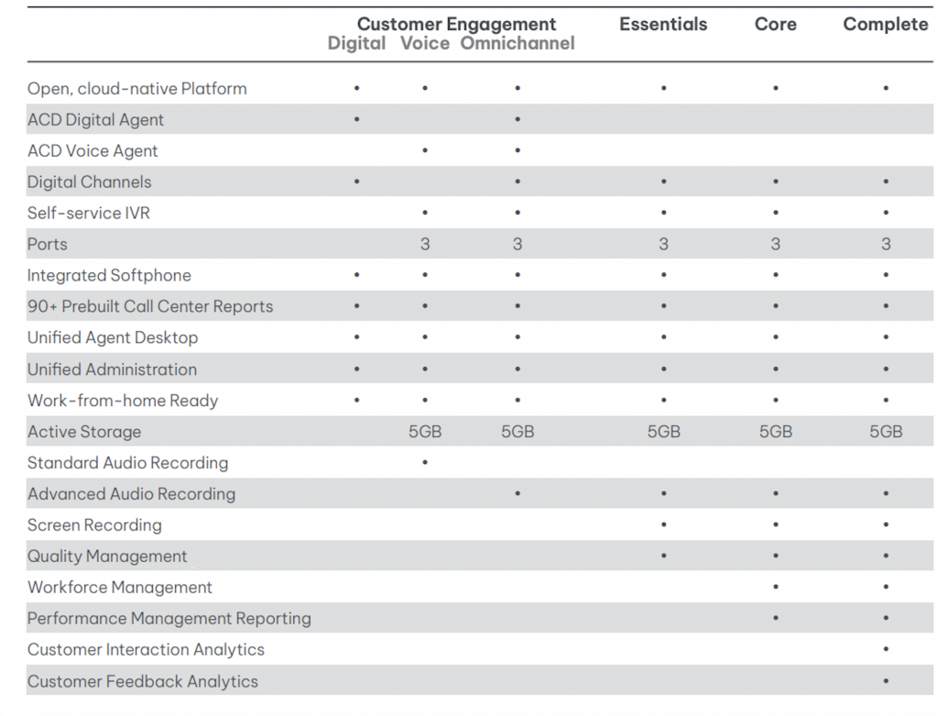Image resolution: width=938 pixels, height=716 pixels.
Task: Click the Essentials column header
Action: (663, 25)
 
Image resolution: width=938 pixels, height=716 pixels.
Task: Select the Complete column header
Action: (885, 25)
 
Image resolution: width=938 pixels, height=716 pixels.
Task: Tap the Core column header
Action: (775, 25)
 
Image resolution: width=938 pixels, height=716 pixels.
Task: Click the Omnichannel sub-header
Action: (518, 44)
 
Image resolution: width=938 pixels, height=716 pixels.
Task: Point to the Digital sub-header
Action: (356, 44)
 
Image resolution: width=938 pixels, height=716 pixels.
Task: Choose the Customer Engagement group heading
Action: (456, 24)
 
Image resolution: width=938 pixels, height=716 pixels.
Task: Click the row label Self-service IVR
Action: (89, 213)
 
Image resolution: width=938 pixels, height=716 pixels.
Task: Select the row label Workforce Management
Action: (120, 588)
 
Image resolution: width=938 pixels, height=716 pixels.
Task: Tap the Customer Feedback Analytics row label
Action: (143, 681)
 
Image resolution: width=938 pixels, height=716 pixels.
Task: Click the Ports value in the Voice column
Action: (425, 245)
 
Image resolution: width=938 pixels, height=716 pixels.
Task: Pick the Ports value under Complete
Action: (886, 245)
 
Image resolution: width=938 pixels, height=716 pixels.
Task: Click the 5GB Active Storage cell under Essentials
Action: (663, 432)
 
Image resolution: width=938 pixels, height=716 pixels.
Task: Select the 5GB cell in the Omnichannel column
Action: (518, 432)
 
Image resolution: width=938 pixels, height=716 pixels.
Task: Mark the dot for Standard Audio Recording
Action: (425, 463)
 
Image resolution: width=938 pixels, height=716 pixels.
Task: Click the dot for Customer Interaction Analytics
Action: (886, 650)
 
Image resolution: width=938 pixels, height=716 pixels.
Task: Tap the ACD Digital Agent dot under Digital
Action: (356, 120)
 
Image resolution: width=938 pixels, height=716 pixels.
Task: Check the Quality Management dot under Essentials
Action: (663, 556)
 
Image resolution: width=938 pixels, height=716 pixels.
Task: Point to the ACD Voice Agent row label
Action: (93, 151)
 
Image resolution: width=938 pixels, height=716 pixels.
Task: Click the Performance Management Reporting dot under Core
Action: (776, 619)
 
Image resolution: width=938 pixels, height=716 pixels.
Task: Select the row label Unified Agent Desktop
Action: (113, 337)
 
